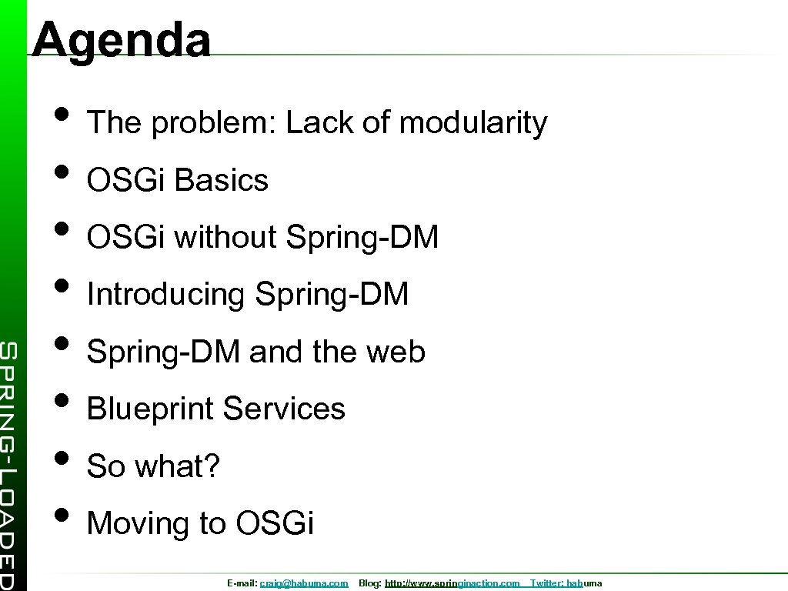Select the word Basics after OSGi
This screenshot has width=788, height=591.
click(x=222, y=180)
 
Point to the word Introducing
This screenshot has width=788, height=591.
click(x=165, y=294)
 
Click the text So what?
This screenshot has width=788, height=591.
click(x=153, y=466)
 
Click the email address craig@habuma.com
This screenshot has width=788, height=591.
click(x=304, y=583)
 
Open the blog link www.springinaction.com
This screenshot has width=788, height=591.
click(x=452, y=583)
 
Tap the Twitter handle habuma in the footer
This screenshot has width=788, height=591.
click(x=584, y=583)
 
